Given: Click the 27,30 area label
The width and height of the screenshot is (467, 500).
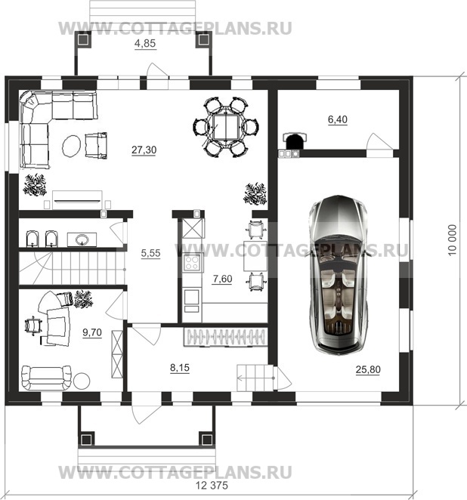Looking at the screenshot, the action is (144, 150).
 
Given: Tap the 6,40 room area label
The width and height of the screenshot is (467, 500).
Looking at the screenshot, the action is (338, 119).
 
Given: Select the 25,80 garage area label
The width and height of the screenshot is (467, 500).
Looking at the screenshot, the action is (368, 369).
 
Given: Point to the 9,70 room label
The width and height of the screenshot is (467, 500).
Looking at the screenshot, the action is (92, 332).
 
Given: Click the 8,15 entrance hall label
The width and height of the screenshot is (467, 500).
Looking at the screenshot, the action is (180, 368).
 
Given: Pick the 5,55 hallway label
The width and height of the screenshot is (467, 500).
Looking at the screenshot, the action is (150, 253).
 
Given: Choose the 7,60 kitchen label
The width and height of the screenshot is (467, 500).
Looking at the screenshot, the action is (222, 279).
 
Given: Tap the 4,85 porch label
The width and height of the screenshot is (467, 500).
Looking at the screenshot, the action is (145, 43).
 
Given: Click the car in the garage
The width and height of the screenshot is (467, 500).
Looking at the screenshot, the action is (339, 275).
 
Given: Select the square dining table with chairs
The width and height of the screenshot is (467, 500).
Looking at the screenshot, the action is (226, 127).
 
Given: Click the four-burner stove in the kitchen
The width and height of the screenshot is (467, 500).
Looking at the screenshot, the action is (193, 262).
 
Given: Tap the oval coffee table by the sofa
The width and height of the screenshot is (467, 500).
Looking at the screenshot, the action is (71, 146).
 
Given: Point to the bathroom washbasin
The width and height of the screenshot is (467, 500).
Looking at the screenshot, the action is (82, 239).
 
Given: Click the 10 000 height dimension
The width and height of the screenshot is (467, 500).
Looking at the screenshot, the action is (452, 239).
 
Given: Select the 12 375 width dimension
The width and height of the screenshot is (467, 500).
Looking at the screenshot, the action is (212, 486).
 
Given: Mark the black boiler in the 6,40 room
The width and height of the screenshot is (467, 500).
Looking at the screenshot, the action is (295, 140).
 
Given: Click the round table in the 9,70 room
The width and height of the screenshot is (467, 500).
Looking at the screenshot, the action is (82, 381).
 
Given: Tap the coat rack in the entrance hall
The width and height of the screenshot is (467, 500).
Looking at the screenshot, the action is (225, 337).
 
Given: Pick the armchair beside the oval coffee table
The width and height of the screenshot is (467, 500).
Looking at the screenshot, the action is (96, 146).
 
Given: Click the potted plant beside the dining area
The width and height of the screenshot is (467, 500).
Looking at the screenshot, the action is (255, 194).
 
